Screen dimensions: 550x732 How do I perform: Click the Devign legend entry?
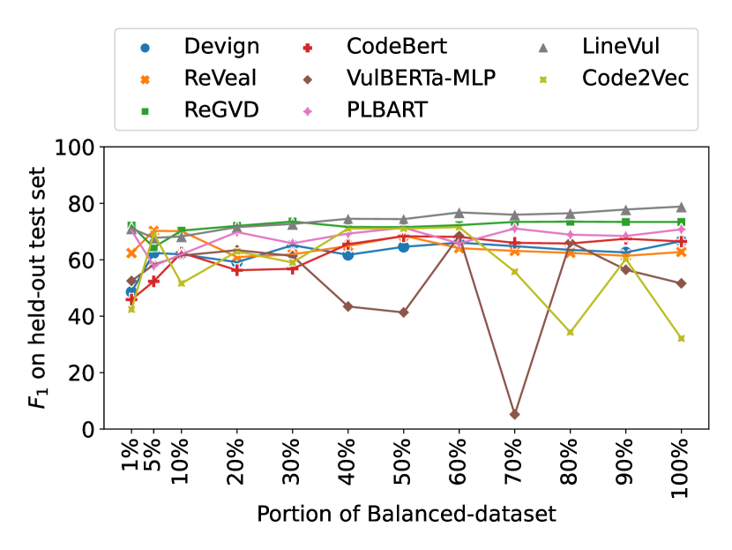coord(221,47)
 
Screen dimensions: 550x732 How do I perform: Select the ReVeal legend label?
coord(220,78)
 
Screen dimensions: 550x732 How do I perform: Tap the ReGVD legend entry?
coord(220,109)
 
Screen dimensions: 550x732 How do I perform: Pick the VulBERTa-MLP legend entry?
coord(421,78)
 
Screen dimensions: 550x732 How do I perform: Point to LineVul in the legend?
coord(620,47)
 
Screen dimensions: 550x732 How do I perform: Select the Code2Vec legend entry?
coord(634,78)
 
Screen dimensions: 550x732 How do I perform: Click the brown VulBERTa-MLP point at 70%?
coord(514,414)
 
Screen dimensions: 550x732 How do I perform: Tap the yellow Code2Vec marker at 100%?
coord(681,338)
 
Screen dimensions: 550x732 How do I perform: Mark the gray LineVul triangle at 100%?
coord(681,207)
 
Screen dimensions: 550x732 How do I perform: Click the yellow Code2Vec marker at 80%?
coord(570,332)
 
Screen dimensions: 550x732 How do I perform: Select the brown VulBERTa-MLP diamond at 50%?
coord(403,313)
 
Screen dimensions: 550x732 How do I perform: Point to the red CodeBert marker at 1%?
coord(131,299)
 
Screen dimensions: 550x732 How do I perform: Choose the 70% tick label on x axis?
coord(514,468)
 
